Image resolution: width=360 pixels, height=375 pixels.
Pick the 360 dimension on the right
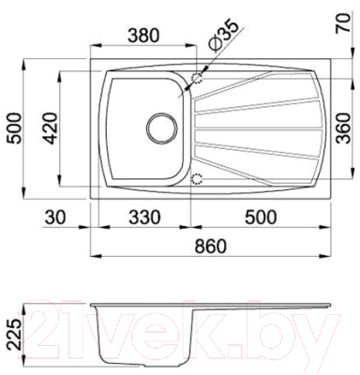[x=347, y=127]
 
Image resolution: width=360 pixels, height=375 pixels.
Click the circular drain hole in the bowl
[x=161, y=126]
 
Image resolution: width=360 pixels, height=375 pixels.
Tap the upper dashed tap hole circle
[x=197, y=80]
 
